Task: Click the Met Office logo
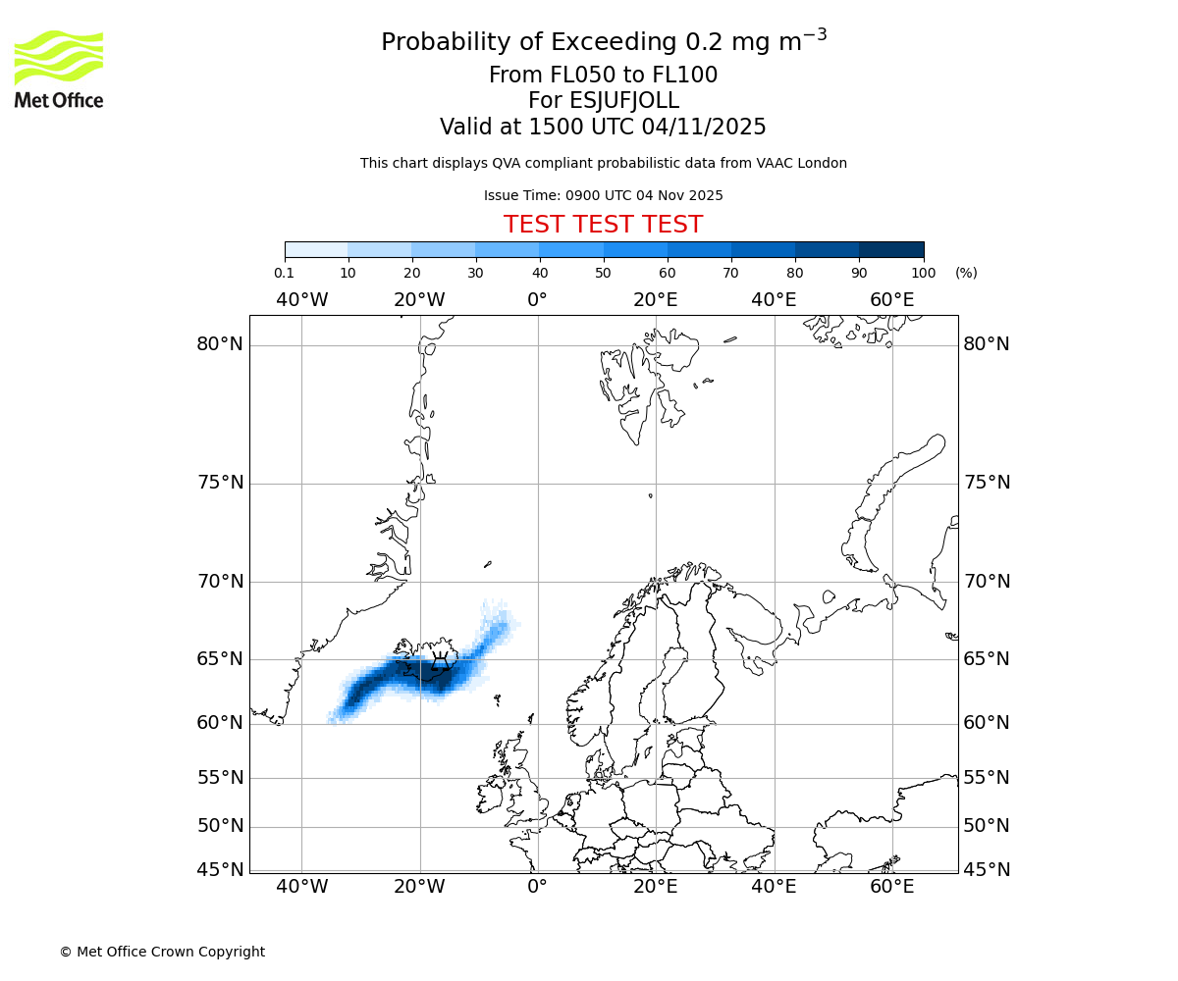point(59,69)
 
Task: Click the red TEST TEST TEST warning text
point(603,225)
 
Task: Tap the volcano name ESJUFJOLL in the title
point(603,101)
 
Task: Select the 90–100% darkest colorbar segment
point(891,250)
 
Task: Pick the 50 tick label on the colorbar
point(603,273)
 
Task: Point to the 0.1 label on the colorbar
point(285,273)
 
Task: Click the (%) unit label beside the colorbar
point(966,273)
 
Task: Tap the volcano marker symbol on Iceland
point(441,663)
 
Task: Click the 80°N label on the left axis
point(219,344)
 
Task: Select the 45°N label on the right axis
point(986,870)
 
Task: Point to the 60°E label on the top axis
point(891,299)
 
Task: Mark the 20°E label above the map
point(655,299)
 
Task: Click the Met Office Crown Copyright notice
point(162,952)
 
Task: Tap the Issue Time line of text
point(603,195)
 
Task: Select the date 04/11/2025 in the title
point(704,127)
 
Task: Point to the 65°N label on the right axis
point(986,658)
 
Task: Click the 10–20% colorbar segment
point(380,250)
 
